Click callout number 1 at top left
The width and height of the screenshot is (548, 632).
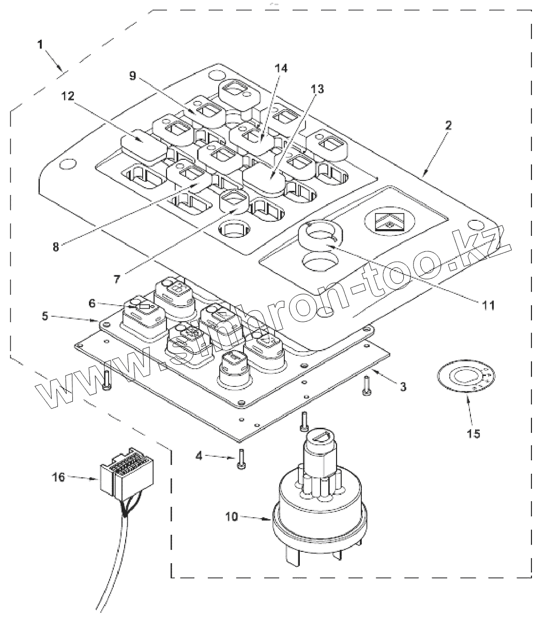click(40, 45)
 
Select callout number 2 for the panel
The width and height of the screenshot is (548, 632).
click(448, 125)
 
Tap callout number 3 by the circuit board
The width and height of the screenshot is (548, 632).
click(403, 387)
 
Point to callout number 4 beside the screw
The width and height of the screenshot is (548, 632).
click(199, 456)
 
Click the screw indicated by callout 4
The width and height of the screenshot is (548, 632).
click(241, 459)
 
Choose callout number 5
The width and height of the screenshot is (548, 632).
click(92, 303)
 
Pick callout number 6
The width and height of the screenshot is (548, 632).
click(117, 279)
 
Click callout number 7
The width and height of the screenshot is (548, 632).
click(55, 247)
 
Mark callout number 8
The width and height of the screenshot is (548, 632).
click(132, 76)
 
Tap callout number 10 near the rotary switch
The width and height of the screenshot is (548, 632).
click(489, 305)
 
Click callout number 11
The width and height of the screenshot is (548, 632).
click(68, 96)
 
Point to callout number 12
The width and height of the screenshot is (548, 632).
click(317, 89)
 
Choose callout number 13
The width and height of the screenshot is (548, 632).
click(281, 68)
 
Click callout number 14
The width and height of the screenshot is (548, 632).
click(474, 434)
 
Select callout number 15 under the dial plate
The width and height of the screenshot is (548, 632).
click(58, 477)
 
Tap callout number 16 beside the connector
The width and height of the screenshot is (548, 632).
click(58, 477)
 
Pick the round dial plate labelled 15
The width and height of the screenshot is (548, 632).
click(466, 376)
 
